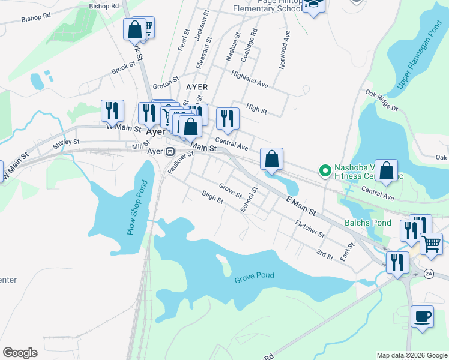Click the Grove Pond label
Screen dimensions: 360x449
tap(254, 276)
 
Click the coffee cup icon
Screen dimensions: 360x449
tap(422, 316)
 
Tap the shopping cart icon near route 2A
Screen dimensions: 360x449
tap(431, 244)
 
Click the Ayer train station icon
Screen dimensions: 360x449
tap(170, 151)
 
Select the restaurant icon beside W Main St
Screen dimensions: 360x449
tap(112, 110)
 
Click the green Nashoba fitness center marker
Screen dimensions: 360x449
tap(325, 172)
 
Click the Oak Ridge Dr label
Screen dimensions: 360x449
tap(382, 100)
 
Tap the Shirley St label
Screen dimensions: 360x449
tap(66, 143)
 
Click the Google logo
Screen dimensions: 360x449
tap(20, 353)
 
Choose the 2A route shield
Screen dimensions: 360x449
tap(428, 274)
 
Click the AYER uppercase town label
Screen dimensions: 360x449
tap(197, 87)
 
